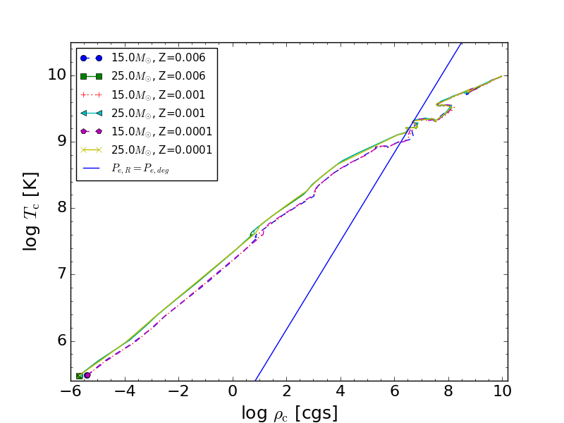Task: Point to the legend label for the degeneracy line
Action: tap(140, 168)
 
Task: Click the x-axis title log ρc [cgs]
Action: tap(289, 412)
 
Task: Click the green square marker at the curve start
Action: tap(80, 376)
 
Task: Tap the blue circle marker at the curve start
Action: tap(87, 375)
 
